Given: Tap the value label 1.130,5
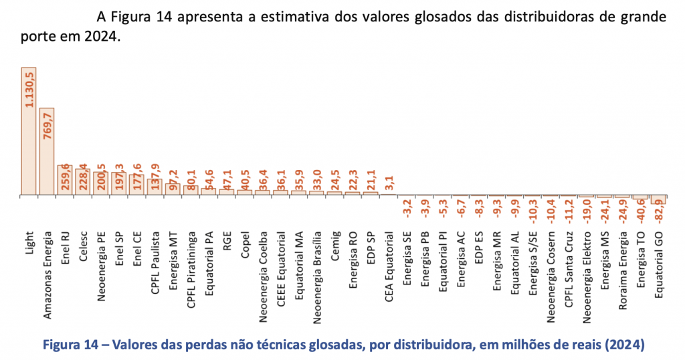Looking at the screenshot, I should pyautogui.click(x=29, y=91).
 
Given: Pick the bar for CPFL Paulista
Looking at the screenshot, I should pyautogui.click(x=155, y=187).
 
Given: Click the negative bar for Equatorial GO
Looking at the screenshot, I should pyautogui.click(x=658, y=199).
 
